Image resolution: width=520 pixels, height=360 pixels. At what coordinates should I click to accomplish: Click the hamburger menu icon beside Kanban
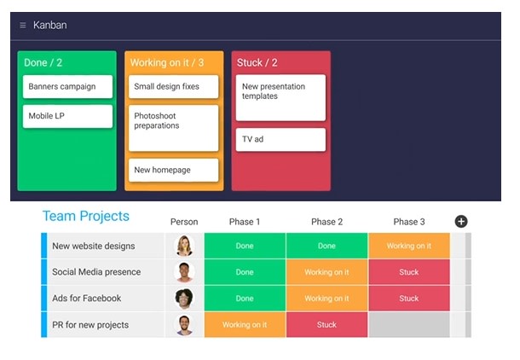pos(23,26)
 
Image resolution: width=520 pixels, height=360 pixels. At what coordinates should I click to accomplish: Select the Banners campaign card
pos(67,87)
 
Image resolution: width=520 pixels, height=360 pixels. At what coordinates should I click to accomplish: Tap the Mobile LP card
pos(67,116)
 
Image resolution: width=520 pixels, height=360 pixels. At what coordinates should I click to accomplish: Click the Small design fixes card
pos(173,87)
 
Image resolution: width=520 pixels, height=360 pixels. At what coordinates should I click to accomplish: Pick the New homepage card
pos(173,170)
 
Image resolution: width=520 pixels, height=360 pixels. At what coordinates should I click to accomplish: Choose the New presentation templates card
pos(280,97)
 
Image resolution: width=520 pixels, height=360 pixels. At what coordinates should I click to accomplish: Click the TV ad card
pos(280,139)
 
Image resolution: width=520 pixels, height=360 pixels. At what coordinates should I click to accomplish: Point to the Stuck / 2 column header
pos(257,63)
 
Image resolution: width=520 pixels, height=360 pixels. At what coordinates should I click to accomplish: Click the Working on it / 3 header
pos(167,63)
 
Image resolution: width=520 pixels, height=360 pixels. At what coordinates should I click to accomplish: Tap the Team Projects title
pos(86,217)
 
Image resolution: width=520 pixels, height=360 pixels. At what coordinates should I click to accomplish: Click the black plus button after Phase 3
pos(461,222)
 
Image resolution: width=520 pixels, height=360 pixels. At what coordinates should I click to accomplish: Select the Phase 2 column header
pos(326,222)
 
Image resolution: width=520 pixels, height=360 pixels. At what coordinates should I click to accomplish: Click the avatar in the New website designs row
pos(184,246)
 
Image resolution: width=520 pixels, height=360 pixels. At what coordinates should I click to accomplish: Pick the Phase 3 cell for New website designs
pos(409,246)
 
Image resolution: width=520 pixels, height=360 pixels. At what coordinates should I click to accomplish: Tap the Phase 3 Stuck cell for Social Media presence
pos(409,272)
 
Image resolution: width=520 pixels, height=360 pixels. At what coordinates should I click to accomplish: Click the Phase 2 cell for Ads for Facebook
pos(326,299)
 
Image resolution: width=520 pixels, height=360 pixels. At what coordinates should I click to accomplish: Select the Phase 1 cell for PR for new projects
pos(245,325)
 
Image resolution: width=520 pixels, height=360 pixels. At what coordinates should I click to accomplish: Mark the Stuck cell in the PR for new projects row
pos(326,325)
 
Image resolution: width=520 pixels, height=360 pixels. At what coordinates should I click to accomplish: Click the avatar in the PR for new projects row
pos(184,325)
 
